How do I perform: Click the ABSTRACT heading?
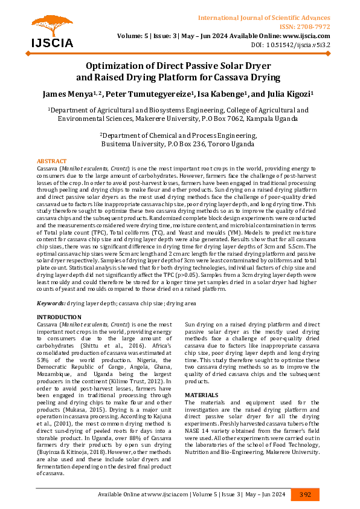52,161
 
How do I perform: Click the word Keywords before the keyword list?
51,302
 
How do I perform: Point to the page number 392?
305,494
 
